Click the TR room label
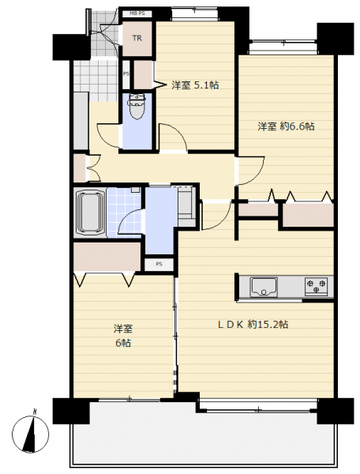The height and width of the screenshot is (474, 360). coord(137,39)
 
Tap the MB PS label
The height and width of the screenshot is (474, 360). coord(137,13)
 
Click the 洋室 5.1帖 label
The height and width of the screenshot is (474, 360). coord(195,85)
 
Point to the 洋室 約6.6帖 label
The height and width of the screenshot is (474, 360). coord(286,126)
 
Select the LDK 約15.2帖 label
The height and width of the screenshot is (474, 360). coord(253,325)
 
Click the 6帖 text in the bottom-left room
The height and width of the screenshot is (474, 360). coord(123,343)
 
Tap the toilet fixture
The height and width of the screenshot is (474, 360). coord(137,106)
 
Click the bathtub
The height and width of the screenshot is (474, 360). coord(90,213)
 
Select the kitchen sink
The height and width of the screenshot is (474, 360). coord(264,287)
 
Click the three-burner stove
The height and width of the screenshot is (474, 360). coord(316,286)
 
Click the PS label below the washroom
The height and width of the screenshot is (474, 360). coord(159,264)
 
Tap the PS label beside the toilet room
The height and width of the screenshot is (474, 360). coord(126,73)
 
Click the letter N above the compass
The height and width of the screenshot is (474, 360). coord(36,412)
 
